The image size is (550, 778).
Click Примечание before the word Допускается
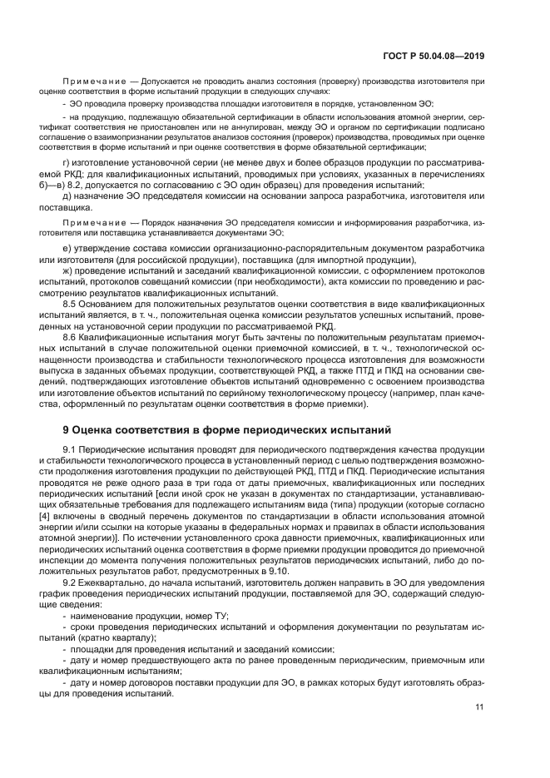(94, 82)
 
